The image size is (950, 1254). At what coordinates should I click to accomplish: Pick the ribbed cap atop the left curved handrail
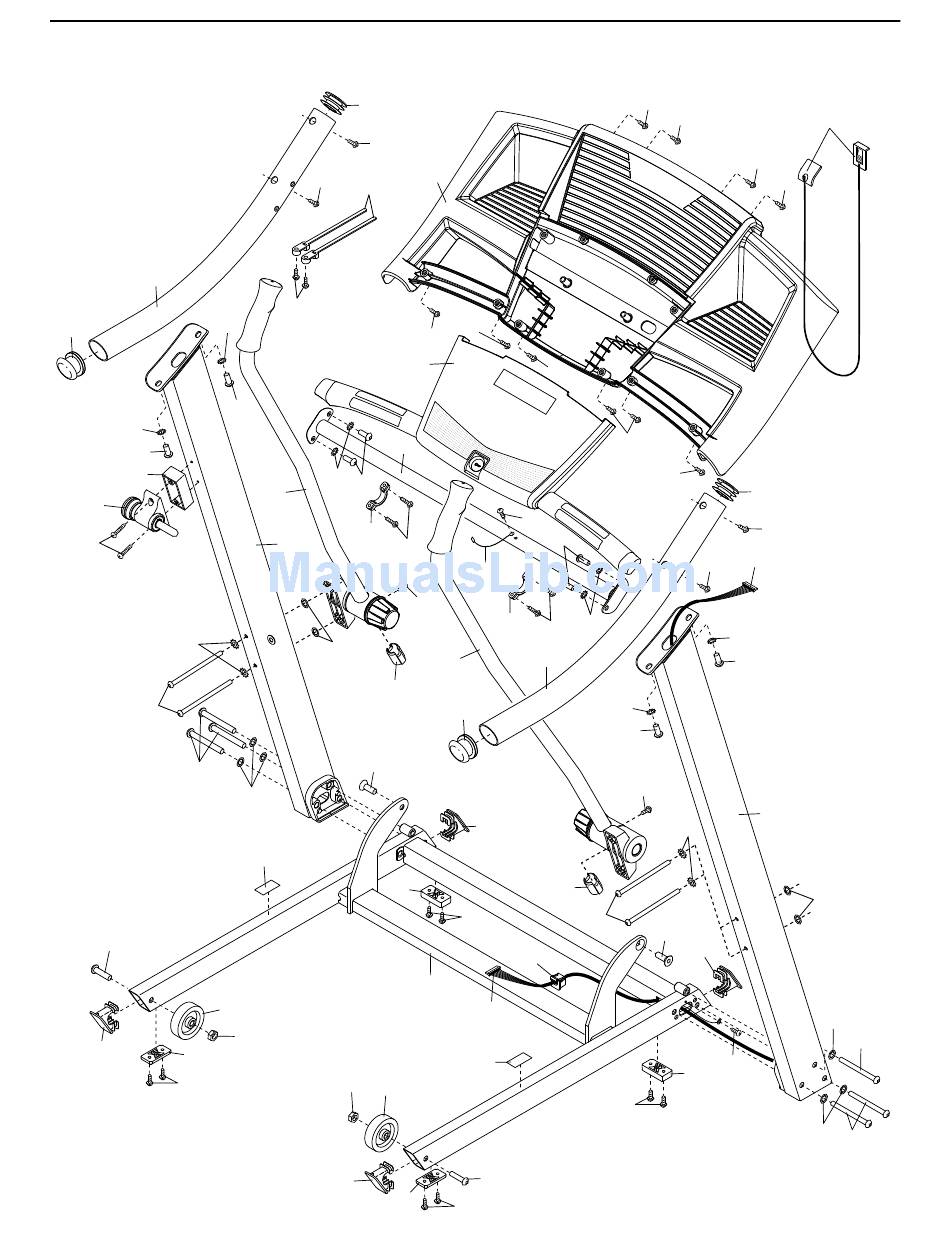click(335, 103)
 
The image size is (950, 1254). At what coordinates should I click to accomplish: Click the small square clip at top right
click(859, 154)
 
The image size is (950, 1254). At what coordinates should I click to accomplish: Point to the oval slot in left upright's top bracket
click(178, 360)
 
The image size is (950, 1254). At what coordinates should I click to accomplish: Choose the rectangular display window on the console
click(527, 391)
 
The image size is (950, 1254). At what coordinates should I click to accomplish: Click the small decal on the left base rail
click(266, 888)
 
